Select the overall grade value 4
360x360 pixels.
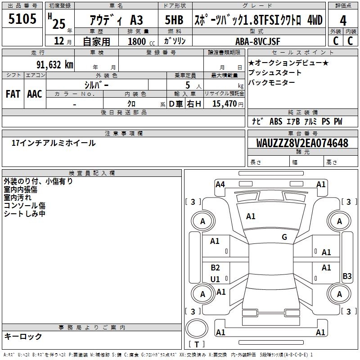click(x=343, y=20)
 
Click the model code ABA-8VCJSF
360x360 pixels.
click(x=257, y=41)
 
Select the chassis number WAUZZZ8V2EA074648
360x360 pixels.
click(x=302, y=143)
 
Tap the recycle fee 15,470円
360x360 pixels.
click(x=225, y=104)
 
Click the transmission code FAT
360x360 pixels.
click(x=13, y=94)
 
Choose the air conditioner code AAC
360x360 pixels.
click(x=34, y=94)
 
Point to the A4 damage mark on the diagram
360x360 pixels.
click(x=220, y=184)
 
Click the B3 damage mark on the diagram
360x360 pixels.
click(x=347, y=276)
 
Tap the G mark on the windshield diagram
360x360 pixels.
click(x=284, y=237)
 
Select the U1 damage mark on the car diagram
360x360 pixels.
click(x=215, y=279)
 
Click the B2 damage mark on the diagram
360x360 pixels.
click(x=215, y=268)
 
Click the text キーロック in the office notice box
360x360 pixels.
click(x=23, y=337)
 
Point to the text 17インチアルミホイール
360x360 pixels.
click(x=54, y=143)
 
